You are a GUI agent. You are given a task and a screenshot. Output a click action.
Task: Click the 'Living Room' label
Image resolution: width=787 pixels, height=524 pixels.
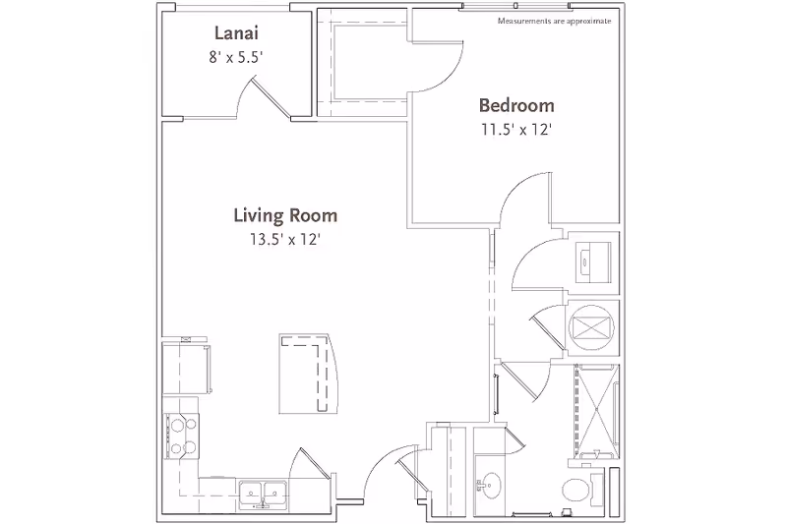click(x=285, y=214)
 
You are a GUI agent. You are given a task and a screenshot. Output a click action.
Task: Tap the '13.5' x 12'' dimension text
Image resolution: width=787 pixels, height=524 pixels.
click(x=285, y=238)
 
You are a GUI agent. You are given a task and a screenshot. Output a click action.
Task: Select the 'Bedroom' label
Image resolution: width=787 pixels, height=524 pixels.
click(x=516, y=106)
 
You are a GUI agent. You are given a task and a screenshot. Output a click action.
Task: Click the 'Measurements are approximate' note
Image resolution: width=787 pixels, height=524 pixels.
click(x=554, y=21)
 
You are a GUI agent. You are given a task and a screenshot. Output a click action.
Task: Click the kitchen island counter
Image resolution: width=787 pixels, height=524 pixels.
click(x=308, y=374)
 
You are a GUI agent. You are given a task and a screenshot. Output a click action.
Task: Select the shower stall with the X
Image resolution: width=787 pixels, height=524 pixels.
click(x=594, y=407)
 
